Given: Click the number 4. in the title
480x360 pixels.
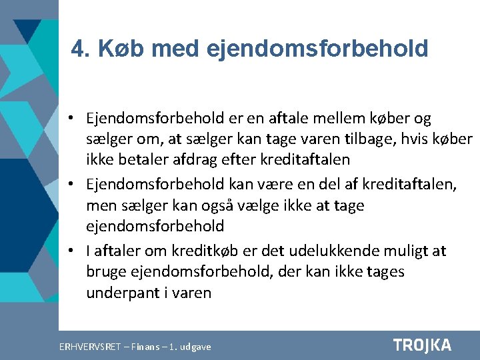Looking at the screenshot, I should pyautogui.click(x=80, y=49).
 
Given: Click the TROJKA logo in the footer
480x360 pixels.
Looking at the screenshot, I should pyautogui.click(x=422, y=345).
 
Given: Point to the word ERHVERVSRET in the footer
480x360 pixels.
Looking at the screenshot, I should pyautogui.click(x=90, y=347).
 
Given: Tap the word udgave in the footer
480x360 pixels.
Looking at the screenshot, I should pyautogui.click(x=194, y=347).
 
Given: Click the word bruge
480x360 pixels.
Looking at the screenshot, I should pyautogui.click(x=105, y=272).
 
